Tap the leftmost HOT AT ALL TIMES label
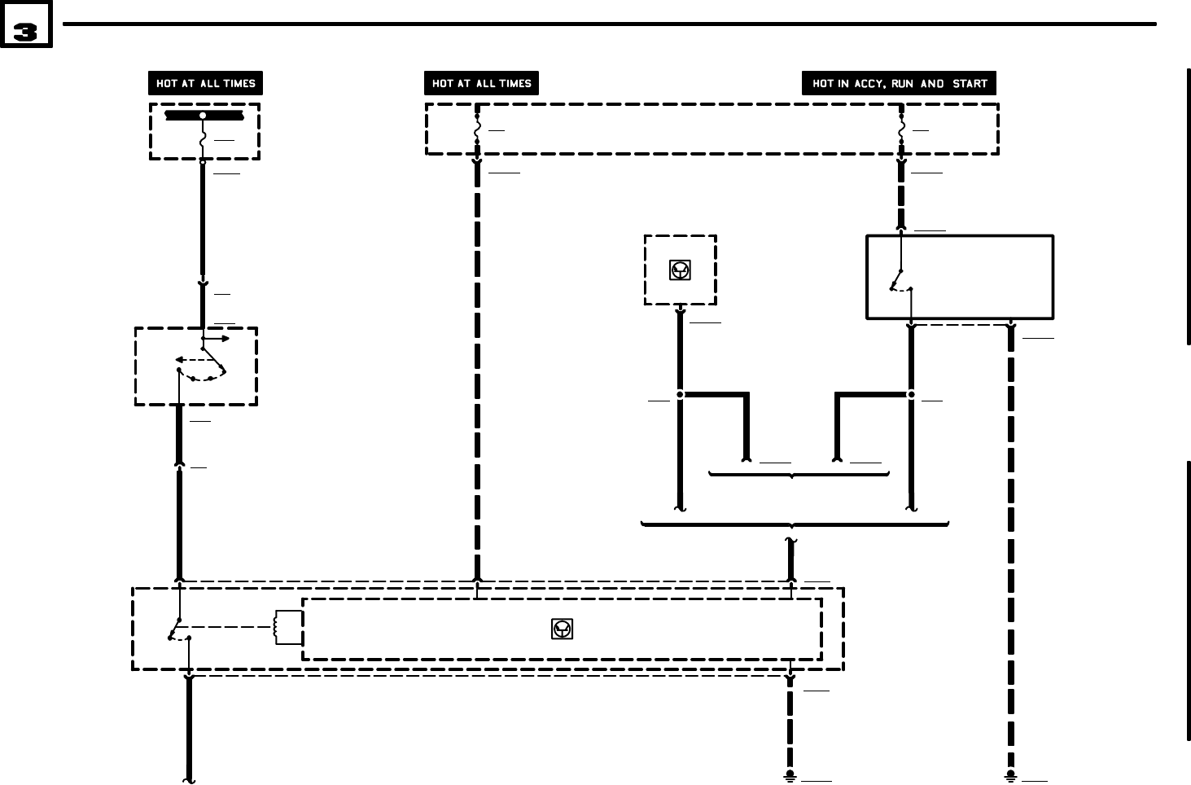[205, 84]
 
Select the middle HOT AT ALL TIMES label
[481, 84]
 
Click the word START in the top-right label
[969, 84]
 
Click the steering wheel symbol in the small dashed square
[680, 270]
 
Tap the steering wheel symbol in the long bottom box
[562, 629]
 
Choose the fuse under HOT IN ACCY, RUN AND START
[901, 129]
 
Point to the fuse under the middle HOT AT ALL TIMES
[477, 129]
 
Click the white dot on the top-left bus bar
[203, 116]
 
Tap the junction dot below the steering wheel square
[680, 395]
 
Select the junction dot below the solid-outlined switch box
[911, 395]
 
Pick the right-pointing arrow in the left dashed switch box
[221, 339]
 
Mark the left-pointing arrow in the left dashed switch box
[184, 359]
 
